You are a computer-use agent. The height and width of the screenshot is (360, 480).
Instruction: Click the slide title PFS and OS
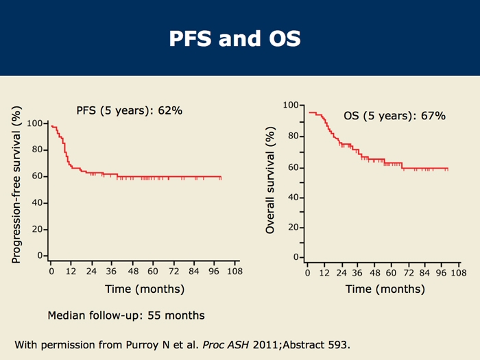[x=235, y=38]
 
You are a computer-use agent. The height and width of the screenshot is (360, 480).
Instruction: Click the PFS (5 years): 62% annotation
[x=128, y=110]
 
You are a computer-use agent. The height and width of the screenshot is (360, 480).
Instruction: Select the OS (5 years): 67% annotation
[x=394, y=116]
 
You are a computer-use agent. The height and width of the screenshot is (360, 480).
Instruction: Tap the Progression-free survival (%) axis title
[x=16, y=184]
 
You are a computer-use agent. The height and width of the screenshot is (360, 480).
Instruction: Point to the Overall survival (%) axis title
[x=270, y=180]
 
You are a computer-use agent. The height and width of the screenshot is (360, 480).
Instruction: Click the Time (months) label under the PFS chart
[x=144, y=289]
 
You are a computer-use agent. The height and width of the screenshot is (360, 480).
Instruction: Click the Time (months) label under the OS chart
[x=385, y=289]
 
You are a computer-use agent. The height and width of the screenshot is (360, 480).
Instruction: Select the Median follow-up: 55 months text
[x=125, y=316]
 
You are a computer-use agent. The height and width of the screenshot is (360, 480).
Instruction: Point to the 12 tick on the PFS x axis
[x=71, y=271]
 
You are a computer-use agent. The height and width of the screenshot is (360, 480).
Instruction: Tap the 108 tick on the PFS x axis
[x=234, y=271]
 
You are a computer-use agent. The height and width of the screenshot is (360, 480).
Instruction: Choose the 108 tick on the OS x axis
[x=458, y=272]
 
